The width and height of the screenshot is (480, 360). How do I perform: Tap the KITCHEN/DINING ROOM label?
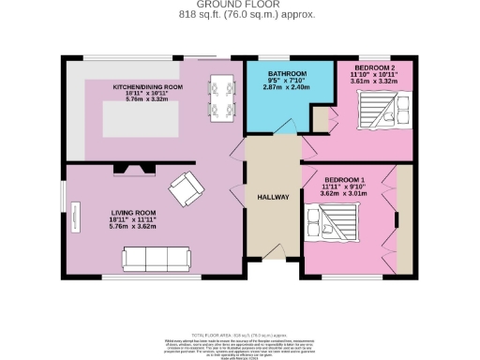click(147, 86)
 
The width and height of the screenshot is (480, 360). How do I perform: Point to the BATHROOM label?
click(286, 73)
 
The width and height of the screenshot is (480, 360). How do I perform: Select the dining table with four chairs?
click(222, 98)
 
